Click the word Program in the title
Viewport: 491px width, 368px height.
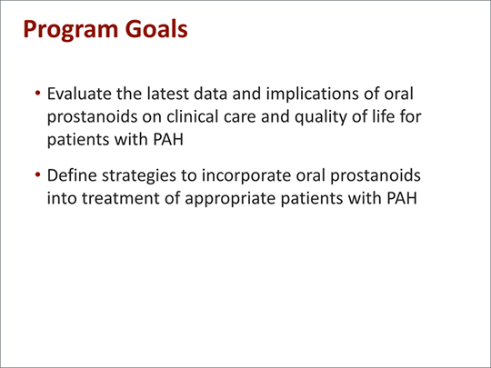click(71, 30)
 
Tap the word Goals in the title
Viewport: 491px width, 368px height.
click(156, 28)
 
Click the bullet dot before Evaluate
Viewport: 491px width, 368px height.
click(37, 93)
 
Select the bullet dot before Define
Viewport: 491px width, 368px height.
click(37, 174)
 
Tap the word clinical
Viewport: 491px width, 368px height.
click(192, 116)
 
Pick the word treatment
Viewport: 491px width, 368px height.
click(121, 198)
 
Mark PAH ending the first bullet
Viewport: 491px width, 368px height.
click(168, 140)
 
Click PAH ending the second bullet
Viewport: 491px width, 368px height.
click(402, 198)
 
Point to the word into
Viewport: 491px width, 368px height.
click(62, 198)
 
